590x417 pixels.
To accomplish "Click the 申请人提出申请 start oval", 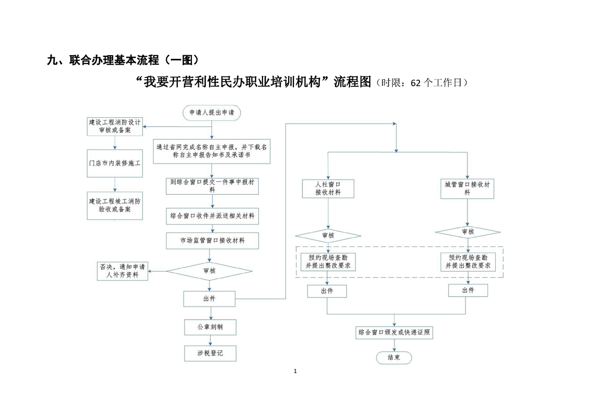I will [x=212, y=112].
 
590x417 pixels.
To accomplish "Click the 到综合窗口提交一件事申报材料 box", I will [x=211, y=186].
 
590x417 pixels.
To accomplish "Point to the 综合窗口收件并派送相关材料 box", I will [x=212, y=216].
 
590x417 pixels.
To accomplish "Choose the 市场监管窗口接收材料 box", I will [x=212, y=240].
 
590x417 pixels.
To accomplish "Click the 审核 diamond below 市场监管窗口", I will [x=209, y=271].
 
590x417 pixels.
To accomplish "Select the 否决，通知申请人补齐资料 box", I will [x=122, y=271].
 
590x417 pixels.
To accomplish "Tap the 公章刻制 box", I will [x=210, y=327].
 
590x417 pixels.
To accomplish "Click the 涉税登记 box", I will [x=210, y=353].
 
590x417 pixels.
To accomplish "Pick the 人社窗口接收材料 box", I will [x=328, y=188].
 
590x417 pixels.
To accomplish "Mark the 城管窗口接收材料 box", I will [x=467, y=188].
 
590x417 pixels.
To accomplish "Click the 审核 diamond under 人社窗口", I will [x=328, y=236].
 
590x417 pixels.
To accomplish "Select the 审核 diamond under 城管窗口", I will [x=467, y=231].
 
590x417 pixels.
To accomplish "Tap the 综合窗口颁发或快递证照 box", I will [x=395, y=332].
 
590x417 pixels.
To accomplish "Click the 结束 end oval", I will [x=394, y=358].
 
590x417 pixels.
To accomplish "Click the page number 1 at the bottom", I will [x=296, y=371].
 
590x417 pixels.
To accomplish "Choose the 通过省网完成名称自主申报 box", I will [x=211, y=151].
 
